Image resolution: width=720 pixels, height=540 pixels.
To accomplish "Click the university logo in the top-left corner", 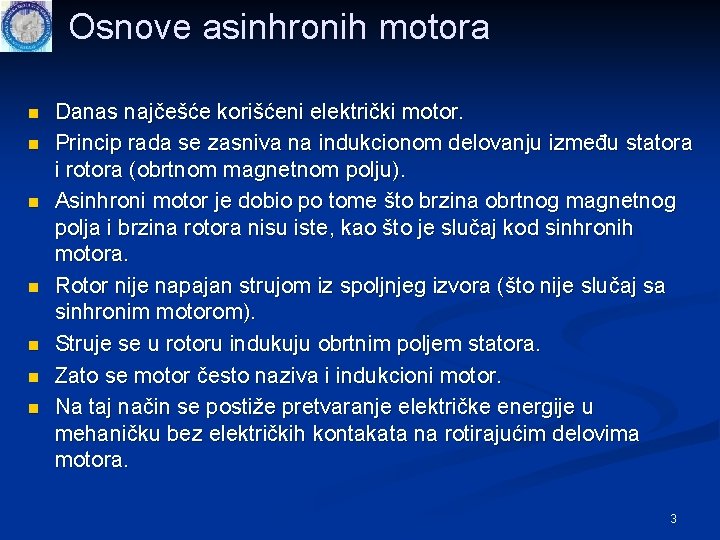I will click(x=25, y=26).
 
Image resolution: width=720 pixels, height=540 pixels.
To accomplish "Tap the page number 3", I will click(x=673, y=518).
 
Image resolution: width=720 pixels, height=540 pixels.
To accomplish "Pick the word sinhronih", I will click(x=582, y=228).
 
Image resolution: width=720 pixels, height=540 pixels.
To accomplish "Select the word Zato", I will click(x=75, y=375).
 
